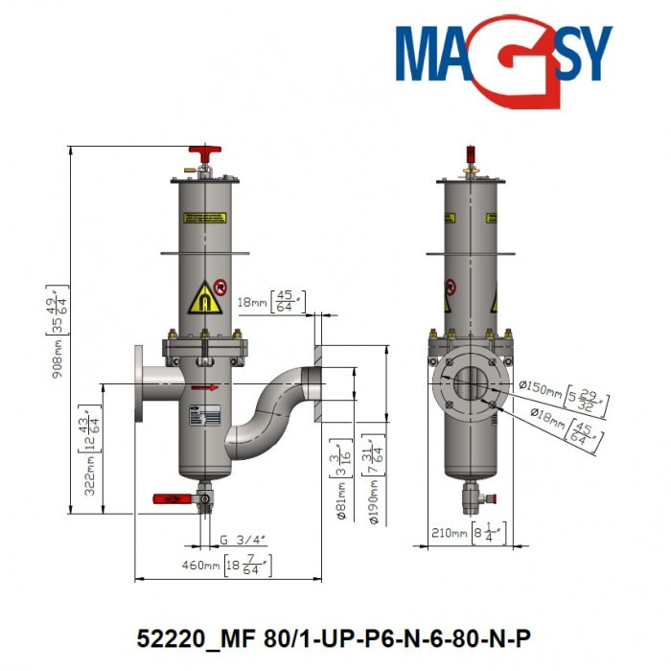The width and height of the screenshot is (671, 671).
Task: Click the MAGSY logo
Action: [502, 59]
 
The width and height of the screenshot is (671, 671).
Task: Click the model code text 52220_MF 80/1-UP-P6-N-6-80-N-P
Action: [335, 638]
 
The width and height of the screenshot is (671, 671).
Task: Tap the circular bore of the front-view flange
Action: [470, 384]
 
